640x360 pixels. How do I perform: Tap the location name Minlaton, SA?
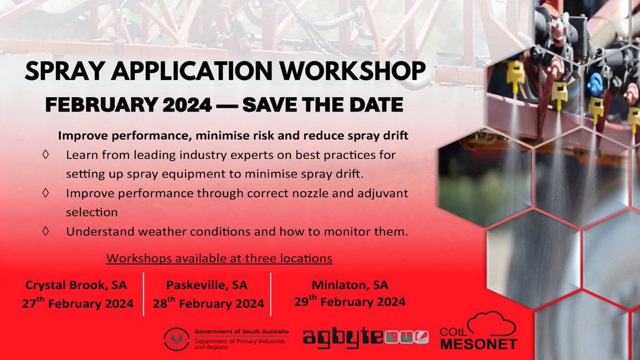pos(350,284)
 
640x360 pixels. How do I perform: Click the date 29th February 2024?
pos(350,301)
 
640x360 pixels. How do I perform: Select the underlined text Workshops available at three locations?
pos(219,258)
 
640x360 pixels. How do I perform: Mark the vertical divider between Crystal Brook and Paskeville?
pos(143,294)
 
